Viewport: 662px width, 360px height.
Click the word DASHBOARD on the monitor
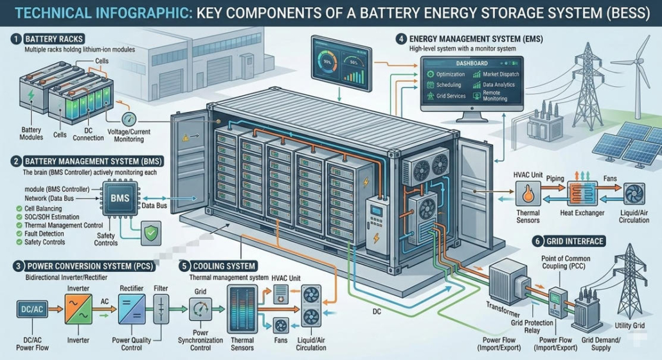coord(472,64)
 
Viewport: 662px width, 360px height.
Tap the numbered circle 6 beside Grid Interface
coord(534,241)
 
